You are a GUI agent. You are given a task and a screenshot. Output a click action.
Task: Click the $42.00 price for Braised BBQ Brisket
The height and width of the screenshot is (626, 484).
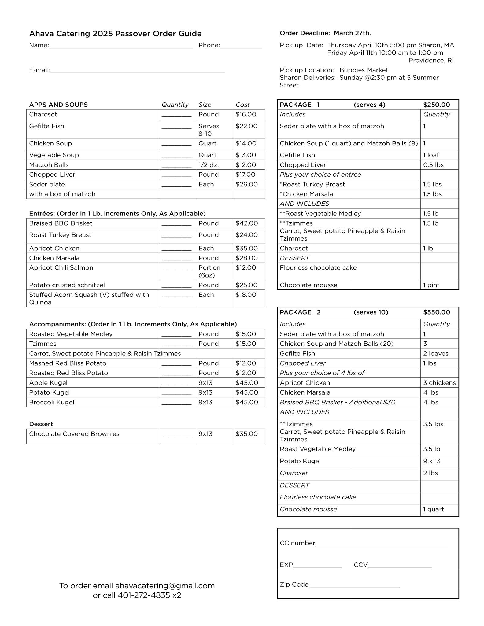pos(246,223)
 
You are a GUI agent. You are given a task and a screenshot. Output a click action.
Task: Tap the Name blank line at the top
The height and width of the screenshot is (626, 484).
pos(121,46)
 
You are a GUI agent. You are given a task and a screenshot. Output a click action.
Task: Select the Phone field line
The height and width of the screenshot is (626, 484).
pos(241,46)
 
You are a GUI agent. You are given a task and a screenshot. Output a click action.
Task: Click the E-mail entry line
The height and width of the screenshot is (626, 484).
pos(138,71)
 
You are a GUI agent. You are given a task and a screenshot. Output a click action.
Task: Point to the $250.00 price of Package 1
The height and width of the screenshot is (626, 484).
pos(436,105)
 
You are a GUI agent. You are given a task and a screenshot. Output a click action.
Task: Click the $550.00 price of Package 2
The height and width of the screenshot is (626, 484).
pos(436,312)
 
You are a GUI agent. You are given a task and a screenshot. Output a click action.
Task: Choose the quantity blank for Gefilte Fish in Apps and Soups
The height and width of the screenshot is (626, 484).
pos(176,127)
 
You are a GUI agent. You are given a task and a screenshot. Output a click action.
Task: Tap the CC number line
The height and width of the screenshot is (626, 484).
pos(381,543)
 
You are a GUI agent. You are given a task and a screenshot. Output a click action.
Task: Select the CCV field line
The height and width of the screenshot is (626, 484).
pos(400,565)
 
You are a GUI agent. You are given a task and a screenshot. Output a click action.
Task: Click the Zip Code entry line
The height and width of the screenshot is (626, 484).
pos(354,585)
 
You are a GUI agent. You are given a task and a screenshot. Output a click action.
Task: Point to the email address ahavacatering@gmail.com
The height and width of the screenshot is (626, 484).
pos(165,586)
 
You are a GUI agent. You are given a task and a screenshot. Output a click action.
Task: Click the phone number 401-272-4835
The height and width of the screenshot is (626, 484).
pos(144,595)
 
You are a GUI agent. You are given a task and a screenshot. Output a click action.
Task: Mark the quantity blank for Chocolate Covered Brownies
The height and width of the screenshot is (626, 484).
pos(176,434)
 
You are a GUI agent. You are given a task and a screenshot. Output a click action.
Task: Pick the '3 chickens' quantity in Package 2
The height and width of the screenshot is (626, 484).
pos(439,383)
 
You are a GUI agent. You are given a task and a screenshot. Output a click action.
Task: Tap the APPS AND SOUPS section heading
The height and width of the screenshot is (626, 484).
pos(58,105)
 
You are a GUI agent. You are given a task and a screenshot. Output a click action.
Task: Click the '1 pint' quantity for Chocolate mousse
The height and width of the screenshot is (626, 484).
pos(431,285)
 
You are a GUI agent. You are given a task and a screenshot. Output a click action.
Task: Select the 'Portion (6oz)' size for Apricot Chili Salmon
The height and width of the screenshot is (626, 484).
pos(209,271)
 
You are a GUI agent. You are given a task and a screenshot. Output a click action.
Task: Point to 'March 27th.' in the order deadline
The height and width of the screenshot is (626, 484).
pos(352,33)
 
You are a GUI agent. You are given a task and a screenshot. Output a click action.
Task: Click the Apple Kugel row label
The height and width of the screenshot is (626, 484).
pos(48,383)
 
